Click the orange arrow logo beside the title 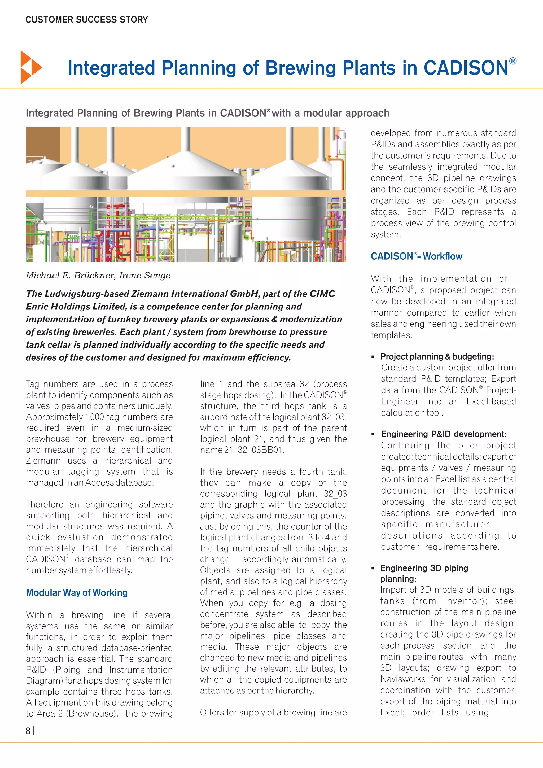point(31,67)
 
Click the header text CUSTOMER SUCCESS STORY point(87,20)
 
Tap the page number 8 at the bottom point(28,731)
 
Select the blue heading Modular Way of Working point(77,592)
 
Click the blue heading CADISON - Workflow point(416,256)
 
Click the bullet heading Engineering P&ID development point(443,434)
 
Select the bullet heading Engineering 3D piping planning point(424,573)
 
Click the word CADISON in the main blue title point(466,68)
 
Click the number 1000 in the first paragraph point(95,417)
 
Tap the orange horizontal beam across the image point(186,193)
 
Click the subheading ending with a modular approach point(207,113)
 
